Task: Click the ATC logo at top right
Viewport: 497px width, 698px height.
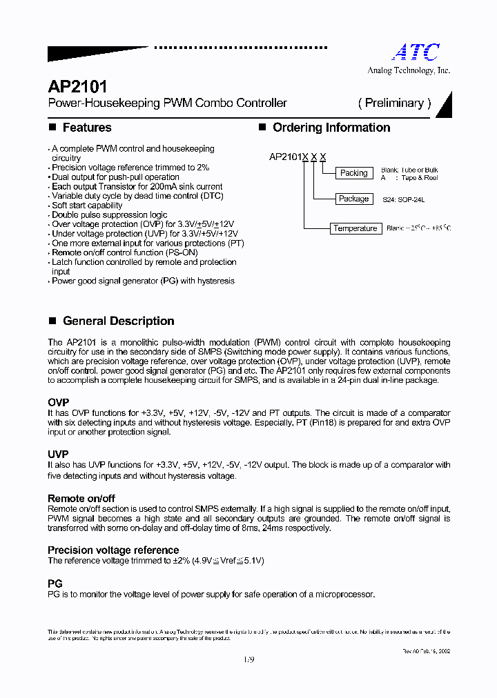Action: (x=416, y=52)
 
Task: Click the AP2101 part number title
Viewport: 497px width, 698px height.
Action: (x=77, y=87)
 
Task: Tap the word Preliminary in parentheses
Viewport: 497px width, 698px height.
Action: (x=394, y=103)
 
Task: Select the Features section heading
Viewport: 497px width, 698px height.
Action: (x=86, y=128)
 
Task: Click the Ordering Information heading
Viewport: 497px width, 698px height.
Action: (x=331, y=128)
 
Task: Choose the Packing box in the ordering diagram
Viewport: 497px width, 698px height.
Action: (x=354, y=173)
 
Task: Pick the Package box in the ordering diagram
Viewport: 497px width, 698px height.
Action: (x=353, y=199)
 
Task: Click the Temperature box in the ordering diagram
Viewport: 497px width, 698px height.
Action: (x=355, y=228)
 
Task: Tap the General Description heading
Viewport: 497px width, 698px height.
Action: (x=118, y=321)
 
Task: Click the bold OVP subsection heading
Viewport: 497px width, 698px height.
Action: (x=58, y=402)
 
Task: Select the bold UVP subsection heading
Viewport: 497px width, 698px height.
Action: (x=58, y=455)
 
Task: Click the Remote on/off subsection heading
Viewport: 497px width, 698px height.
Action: (x=81, y=498)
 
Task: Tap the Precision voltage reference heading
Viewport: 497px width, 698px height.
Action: (x=113, y=550)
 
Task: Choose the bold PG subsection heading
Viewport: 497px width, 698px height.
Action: (x=55, y=584)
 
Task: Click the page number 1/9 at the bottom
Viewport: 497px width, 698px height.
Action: (x=248, y=659)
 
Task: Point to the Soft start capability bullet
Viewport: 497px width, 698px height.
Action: (x=87, y=206)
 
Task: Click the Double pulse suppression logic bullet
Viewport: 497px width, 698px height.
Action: (x=109, y=215)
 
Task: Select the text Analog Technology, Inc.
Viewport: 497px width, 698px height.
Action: (x=408, y=70)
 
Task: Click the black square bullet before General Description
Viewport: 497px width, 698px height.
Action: (x=52, y=321)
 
